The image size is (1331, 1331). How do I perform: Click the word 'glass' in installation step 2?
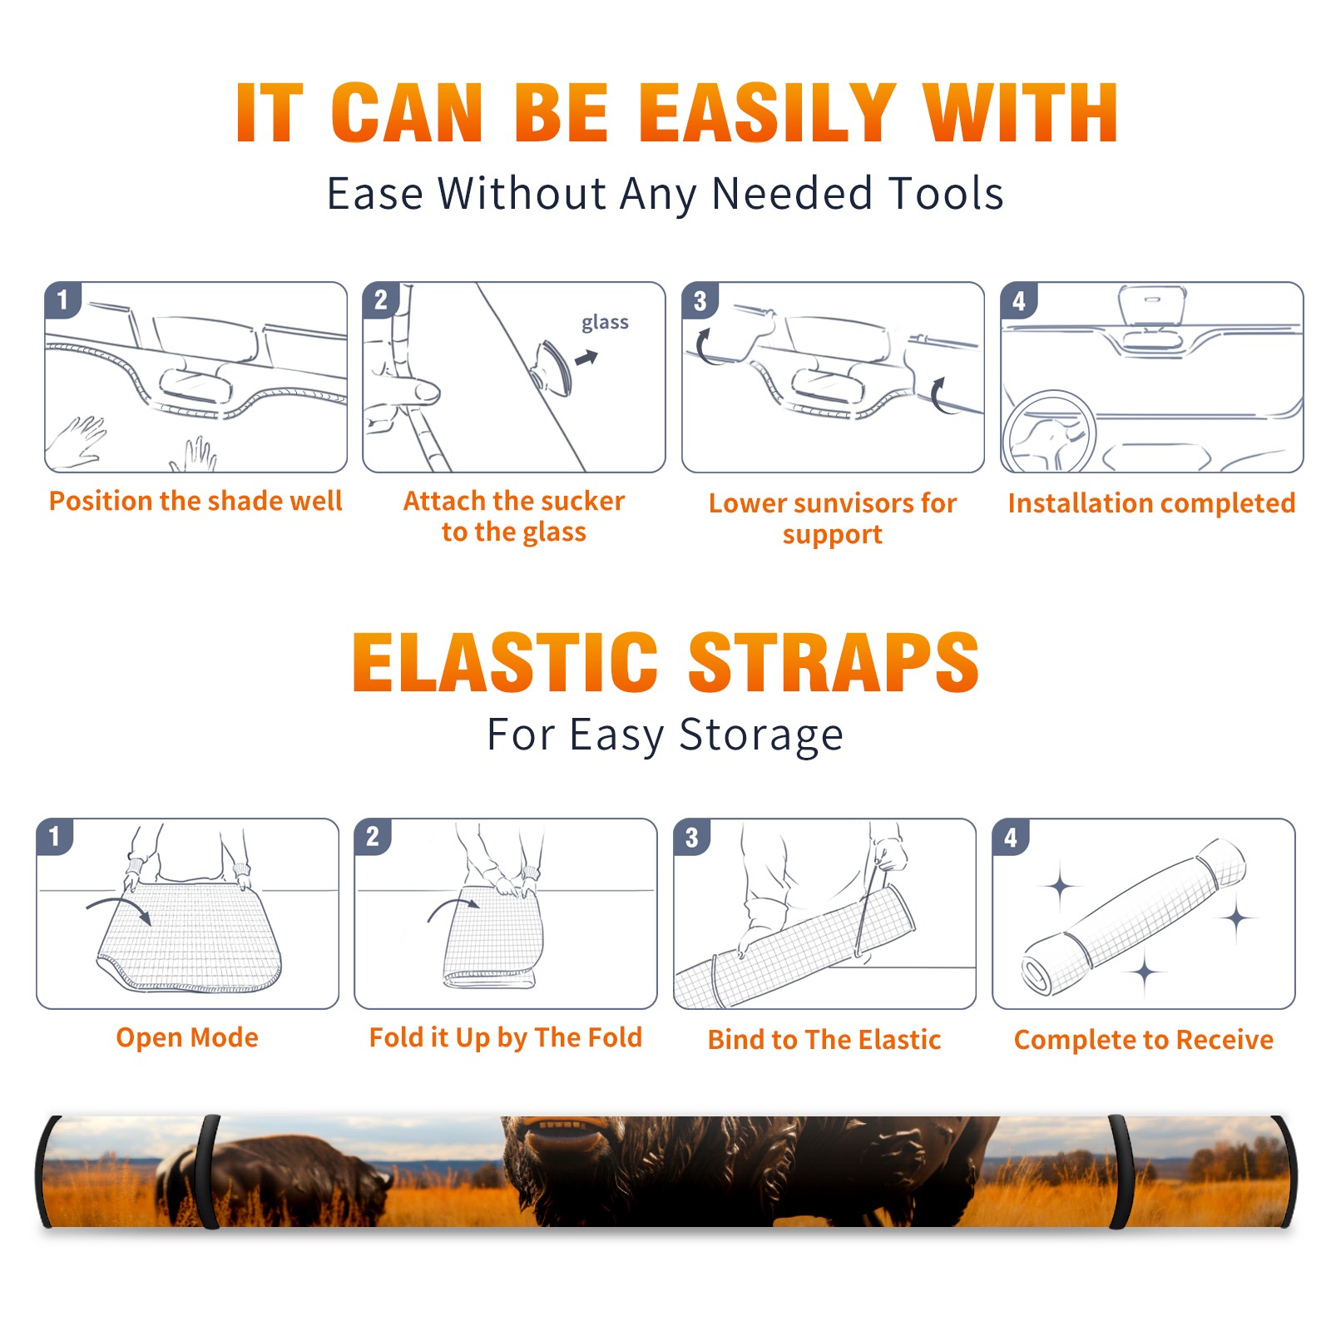[605, 323]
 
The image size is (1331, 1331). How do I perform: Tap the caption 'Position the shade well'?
[195, 501]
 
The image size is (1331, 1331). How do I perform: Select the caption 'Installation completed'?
[1151, 503]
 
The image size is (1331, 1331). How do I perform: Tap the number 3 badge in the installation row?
[700, 300]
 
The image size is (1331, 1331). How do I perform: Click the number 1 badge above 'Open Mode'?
[55, 836]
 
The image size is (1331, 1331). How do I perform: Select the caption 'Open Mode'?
[187, 1037]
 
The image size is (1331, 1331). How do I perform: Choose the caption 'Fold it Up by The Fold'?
[506, 1037]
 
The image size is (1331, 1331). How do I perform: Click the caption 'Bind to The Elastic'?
[824, 1040]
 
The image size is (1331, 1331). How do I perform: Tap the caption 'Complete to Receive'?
[1144, 1040]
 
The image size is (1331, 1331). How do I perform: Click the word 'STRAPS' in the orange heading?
[834, 662]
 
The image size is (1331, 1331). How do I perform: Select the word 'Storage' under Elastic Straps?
[761, 735]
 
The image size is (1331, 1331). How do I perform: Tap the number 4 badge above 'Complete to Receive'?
[1011, 836]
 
